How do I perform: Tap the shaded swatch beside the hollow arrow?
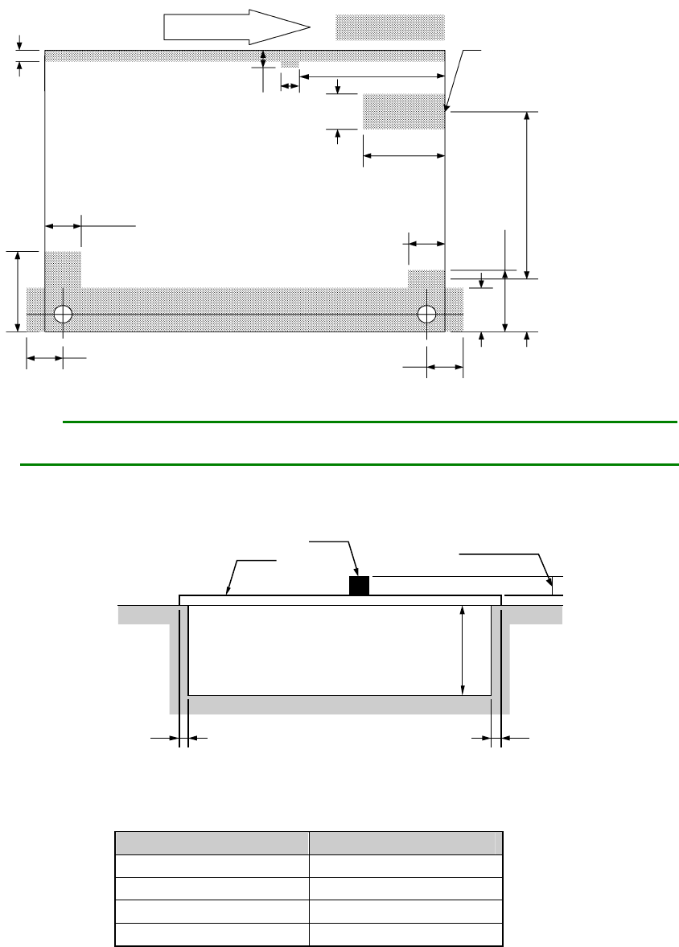pyautogui.click(x=390, y=27)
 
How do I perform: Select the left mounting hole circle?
pyautogui.click(x=63, y=313)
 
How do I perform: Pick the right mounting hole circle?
pyautogui.click(x=427, y=313)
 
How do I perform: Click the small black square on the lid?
pyautogui.click(x=359, y=586)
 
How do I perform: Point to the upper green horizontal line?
pyautogui.click(x=370, y=421)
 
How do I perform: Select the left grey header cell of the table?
pyautogui.click(x=212, y=843)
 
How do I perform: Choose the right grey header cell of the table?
pyautogui.click(x=405, y=843)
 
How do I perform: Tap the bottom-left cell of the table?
pyautogui.click(x=212, y=934)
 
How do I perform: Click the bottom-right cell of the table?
pyautogui.click(x=405, y=934)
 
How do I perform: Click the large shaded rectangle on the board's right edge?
pyautogui.click(x=404, y=111)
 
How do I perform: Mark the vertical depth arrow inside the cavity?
pyautogui.click(x=463, y=650)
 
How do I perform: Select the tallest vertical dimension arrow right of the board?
pyautogui.click(x=527, y=193)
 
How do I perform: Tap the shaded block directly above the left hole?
pyautogui.click(x=63, y=269)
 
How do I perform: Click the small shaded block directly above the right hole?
pyautogui.click(x=426, y=278)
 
